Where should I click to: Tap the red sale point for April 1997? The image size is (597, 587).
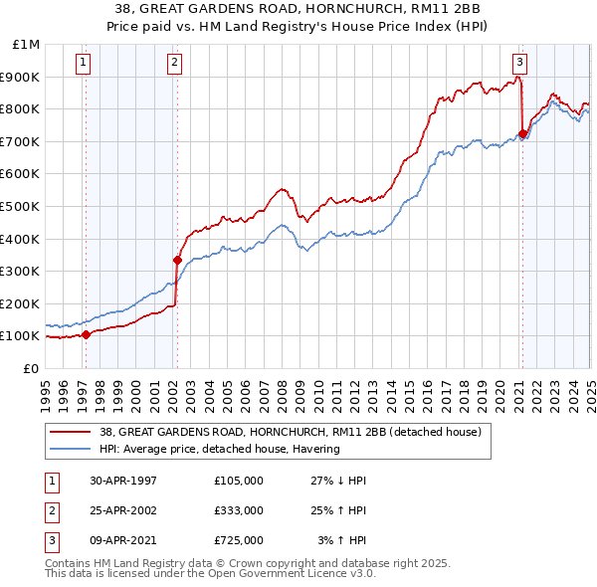87,334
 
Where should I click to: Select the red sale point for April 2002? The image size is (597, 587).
177,261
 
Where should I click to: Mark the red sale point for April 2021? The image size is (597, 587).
522,133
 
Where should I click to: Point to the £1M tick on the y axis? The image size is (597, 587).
27,45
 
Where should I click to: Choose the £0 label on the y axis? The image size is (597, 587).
31,368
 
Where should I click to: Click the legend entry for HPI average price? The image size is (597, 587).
219,449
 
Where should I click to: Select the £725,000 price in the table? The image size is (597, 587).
238,540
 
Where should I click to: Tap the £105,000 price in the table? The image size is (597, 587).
238,481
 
